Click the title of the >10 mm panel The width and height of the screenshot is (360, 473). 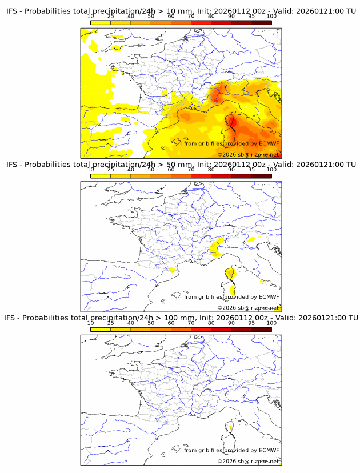(x=181, y=11)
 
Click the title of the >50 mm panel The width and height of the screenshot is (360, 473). (x=181, y=165)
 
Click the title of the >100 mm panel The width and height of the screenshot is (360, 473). (x=181, y=318)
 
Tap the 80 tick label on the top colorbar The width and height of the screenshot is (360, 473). (x=211, y=17)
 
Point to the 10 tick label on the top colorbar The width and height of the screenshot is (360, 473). (x=90, y=17)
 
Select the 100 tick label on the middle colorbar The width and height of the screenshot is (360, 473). (x=271, y=170)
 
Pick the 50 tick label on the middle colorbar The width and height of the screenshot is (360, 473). (x=151, y=170)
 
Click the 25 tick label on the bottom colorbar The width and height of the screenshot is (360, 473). (x=110, y=323)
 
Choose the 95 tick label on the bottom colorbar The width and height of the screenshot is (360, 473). (x=251, y=323)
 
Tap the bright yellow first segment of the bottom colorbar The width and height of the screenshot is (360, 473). (x=101, y=328)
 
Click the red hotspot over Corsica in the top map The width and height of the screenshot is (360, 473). (x=232, y=121)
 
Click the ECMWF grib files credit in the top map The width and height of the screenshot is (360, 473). (x=231, y=143)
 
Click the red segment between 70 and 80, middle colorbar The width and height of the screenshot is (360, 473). (x=201, y=175)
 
